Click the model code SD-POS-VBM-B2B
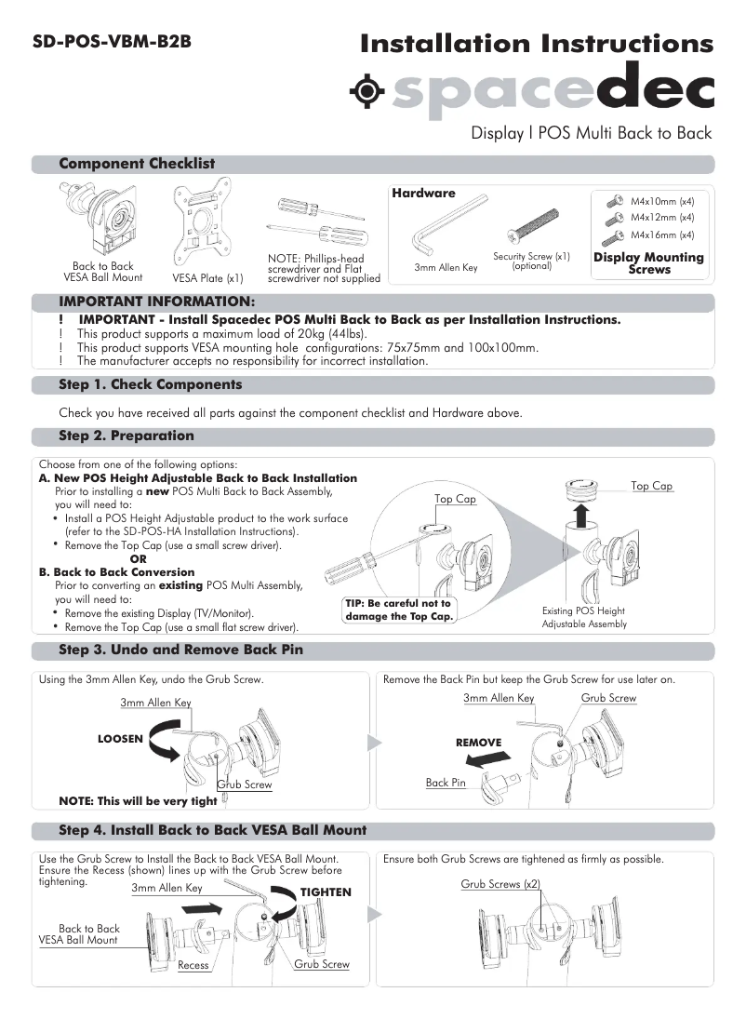[x=112, y=42]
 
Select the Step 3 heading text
[x=180, y=650]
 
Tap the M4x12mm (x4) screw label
[x=662, y=218]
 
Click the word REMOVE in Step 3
[x=478, y=743]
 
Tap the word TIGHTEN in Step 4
[x=326, y=892]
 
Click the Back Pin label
[x=446, y=783]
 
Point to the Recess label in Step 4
[x=193, y=965]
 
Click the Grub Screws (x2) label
[x=500, y=884]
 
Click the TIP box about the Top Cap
[x=398, y=610]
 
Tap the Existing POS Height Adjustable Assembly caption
[x=584, y=618]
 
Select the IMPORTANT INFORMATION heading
[x=156, y=302]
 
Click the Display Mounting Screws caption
[x=648, y=263]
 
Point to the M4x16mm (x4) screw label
[x=662, y=235]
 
